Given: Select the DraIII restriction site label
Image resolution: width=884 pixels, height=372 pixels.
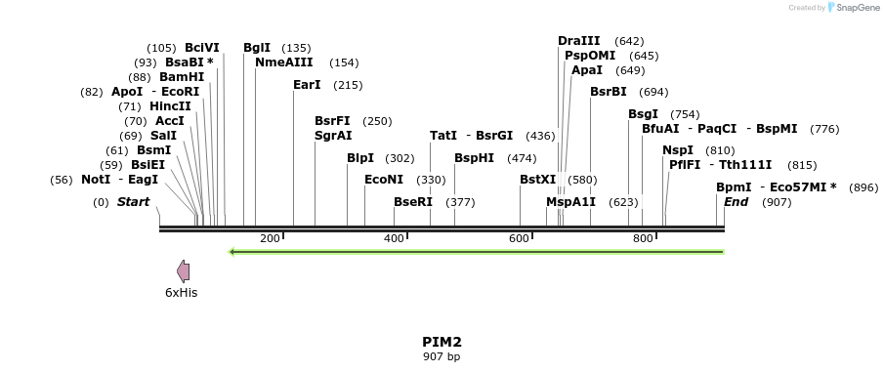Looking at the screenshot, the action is (x=579, y=41).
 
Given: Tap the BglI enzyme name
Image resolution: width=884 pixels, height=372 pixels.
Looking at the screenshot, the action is (x=257, y=47).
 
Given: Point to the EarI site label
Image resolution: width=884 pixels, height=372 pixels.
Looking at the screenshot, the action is (x=307, y=85).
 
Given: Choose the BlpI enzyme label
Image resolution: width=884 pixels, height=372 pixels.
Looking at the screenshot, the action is (x=360, y=158).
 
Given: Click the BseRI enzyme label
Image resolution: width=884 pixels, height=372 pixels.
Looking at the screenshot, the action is (x=412, y=202).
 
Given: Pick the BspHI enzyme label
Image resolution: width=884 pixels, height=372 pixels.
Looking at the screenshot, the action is (x=474, y=158).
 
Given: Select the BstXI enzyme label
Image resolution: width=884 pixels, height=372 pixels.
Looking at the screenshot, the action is (x=537, y=180).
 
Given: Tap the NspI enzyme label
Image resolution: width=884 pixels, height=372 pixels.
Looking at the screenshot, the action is (x=678, y=150).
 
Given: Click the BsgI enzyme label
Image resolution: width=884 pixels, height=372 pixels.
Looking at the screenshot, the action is (x=643, y=114).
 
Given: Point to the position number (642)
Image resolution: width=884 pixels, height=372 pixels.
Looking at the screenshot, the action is (x=630, y=41).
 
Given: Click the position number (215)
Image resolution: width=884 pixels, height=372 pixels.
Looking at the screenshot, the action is (x=348, y=85).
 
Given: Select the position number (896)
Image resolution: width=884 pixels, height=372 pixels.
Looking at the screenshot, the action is (x=863, y=187).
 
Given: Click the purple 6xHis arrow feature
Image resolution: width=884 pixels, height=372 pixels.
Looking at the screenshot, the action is (x=183, y=271).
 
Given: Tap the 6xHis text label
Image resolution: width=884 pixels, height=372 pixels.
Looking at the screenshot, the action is (x=181, y=292).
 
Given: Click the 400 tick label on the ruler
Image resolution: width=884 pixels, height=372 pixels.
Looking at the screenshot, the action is (x=394, y=239).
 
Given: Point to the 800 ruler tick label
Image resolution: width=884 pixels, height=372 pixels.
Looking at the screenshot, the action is (x=643, y=239).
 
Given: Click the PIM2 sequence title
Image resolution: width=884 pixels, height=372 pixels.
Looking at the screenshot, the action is (x=442, y=342).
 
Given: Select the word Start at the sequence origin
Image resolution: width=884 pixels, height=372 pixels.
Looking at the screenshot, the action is (x=134, y=202).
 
